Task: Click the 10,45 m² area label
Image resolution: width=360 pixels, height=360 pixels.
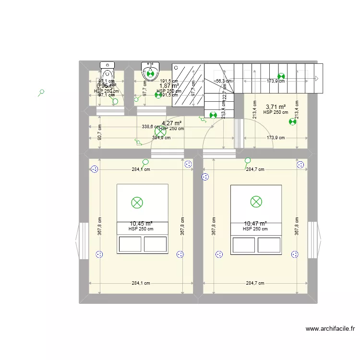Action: [141, 223]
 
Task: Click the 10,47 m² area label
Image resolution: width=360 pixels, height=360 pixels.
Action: [255, 223]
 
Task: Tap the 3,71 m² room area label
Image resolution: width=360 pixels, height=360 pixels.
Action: [276, 107]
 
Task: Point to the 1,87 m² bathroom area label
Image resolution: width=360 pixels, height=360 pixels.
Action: [169, 86]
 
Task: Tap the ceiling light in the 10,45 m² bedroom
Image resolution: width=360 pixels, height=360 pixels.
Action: [137, 202]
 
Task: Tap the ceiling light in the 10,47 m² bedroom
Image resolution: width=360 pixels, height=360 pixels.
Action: [256, 202]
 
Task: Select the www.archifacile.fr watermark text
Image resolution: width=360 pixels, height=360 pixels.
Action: [330, 329]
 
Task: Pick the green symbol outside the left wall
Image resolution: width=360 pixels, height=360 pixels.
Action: [42, 93]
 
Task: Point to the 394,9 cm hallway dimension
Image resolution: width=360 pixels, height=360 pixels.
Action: [162, 138]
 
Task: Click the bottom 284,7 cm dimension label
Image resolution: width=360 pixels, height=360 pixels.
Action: [255, 283]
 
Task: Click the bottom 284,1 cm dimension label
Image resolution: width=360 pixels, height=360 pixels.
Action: [141, 283]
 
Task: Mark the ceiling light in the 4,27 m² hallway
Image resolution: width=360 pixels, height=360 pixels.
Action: [159, 131]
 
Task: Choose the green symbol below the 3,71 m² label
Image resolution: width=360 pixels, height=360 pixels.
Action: [292, 122]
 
